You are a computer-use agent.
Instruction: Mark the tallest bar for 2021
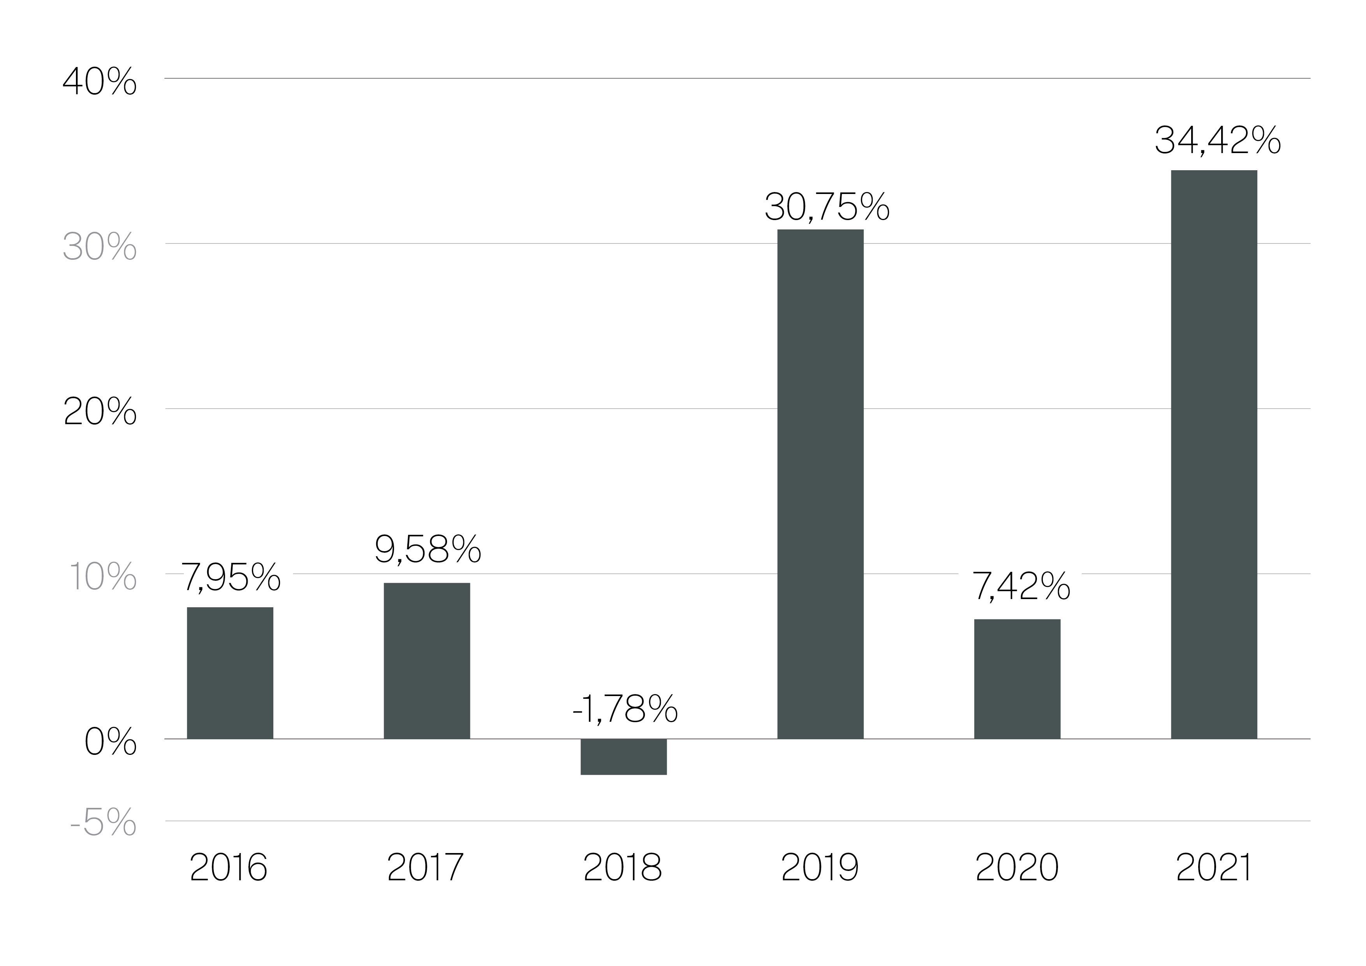[x=1214, y=454]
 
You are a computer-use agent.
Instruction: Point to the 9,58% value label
[x=428, y=549]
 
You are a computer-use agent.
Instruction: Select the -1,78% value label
[x=625, y=709]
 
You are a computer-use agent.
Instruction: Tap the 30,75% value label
[x=827, y=206]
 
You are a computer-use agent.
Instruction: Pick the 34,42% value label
[x=1217, y=141]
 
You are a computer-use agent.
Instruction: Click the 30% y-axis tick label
[x=99, y=247]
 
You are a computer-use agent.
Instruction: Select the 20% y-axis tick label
[x=99, y=411]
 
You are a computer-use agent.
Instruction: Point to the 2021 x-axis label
[x=1214, y=868]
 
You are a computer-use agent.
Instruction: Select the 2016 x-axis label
[x=229, y=868]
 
